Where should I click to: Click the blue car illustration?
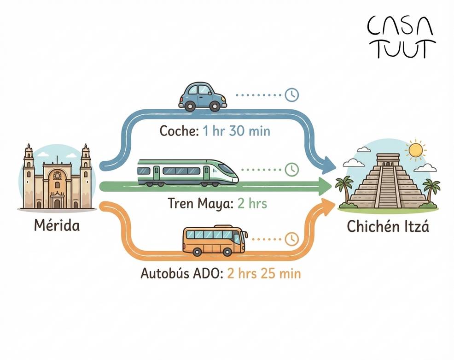coord(203,96)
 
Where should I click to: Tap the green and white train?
coord(187,172)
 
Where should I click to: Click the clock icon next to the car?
coord(292,95)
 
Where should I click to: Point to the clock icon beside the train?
coord(291,169)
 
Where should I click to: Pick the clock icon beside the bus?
coord(291,239)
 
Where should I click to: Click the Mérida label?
coord(57,226)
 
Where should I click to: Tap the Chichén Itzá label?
coord(388,227)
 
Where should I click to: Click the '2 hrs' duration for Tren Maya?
coord(252,203)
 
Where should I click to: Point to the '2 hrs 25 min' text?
coord(264,273)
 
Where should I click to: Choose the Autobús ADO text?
coord(182,273)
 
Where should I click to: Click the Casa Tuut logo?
coord(400,37)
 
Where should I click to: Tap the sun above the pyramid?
coord(416,150)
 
